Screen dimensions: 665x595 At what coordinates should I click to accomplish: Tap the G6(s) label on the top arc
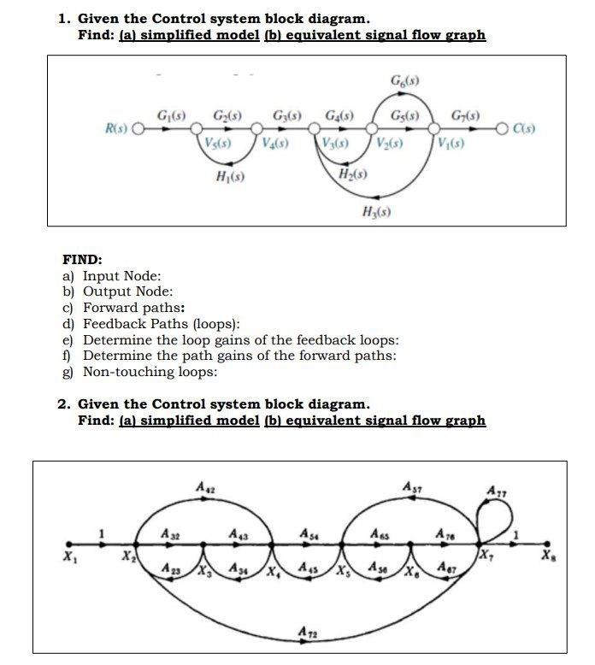click(x=404, y=81)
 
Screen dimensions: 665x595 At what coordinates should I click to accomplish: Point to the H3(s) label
click(x=376, y=210)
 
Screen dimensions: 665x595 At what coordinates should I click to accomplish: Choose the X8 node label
click(x=546, y=556)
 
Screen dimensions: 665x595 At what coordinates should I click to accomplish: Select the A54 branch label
click(x=306, y=532)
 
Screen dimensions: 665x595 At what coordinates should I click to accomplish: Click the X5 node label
click(x=342, y=571)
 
